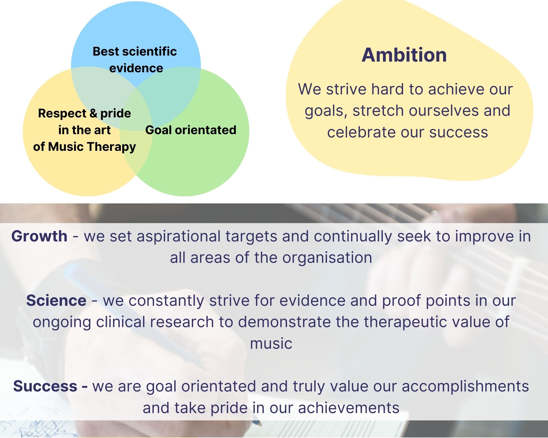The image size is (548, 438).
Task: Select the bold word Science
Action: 56,300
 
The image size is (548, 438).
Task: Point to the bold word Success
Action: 45,386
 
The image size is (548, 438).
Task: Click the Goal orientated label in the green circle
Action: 191,130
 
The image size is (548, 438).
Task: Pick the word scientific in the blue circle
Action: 150,51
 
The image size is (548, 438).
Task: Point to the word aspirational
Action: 179,237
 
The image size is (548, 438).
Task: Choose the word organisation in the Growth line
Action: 327,258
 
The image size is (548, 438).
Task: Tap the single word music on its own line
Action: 271,344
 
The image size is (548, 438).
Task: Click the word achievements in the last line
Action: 349,408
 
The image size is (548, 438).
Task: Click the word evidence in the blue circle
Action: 136,68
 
